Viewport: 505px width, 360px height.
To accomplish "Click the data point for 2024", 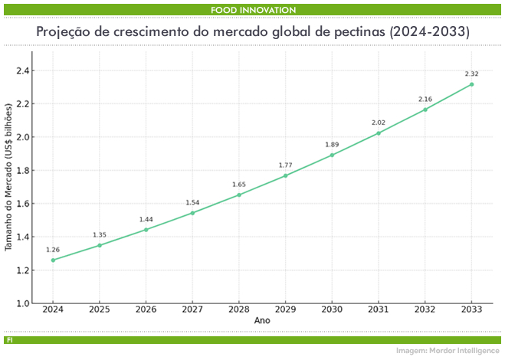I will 53,260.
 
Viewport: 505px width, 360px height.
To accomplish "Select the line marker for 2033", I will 471,84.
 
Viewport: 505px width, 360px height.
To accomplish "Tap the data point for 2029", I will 285,175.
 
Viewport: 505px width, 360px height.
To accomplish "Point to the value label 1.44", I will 146,219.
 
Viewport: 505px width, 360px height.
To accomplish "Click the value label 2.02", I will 379,123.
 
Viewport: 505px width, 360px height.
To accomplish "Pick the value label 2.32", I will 471,74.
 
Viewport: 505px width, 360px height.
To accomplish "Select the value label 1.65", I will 239,184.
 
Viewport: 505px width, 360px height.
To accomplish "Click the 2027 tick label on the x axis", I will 192,309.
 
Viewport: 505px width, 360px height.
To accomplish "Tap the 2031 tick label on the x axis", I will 379,309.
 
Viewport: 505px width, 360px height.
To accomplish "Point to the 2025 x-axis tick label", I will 100,309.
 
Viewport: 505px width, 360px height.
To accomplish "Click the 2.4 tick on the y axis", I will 21,70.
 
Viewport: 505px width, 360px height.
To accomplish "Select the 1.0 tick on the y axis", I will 21,304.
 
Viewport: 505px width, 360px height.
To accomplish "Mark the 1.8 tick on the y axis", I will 21,171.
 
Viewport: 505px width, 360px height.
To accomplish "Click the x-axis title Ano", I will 262,321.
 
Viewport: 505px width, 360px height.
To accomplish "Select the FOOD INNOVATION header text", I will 253,9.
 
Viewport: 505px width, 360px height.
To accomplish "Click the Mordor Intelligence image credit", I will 447,350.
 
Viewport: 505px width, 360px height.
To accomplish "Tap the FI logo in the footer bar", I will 8,339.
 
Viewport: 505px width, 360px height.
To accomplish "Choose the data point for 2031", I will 379,133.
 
